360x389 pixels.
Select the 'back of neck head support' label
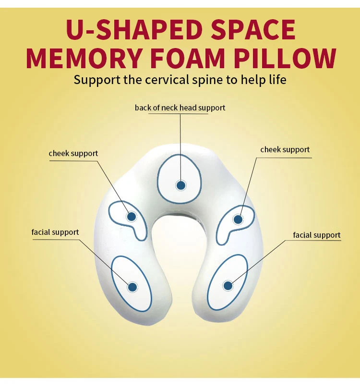point(180,108)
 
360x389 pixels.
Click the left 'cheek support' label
point(73,154)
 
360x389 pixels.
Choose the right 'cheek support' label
point(285,150)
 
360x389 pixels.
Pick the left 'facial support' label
point(55,232)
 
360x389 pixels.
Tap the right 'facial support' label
point(317,235)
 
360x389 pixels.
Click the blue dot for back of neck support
point(181,185)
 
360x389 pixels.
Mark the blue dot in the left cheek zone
point(131,217)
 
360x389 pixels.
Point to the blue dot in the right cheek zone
point(238,219)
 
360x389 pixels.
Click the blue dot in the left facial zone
point(132,287)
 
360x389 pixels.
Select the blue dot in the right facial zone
point(228,286)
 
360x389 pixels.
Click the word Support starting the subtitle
point(97,79)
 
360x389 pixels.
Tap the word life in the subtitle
point(276,79)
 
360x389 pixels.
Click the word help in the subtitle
point(252,80)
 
